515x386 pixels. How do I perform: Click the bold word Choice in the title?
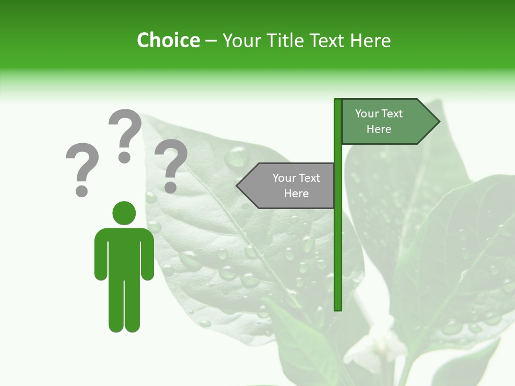[x=168, y=40]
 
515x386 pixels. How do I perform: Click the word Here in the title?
[x=370, y=40]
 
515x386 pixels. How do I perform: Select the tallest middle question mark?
[x=125, y=134]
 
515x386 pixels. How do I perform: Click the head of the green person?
[x=124, y=213]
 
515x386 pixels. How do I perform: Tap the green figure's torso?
[x=124, y=252]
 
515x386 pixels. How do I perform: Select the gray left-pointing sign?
[x=290, y=185]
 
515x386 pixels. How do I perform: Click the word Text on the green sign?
[x=392, y=114]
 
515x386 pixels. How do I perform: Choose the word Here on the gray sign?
[x=296, y=194]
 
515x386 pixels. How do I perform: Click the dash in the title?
[x=211, y=40]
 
